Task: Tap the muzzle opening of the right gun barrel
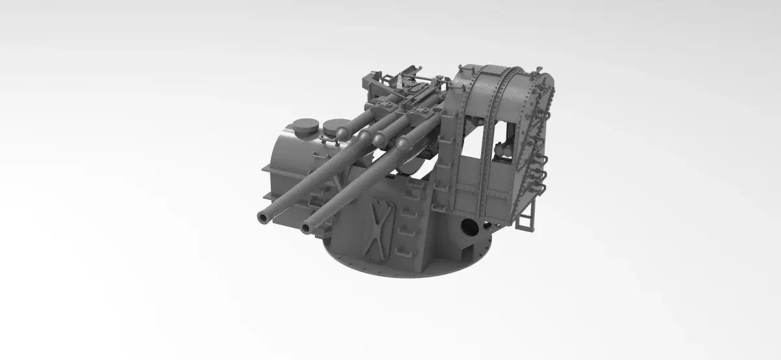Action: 307,228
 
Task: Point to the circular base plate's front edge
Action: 404,273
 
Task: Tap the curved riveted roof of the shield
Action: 501,78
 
